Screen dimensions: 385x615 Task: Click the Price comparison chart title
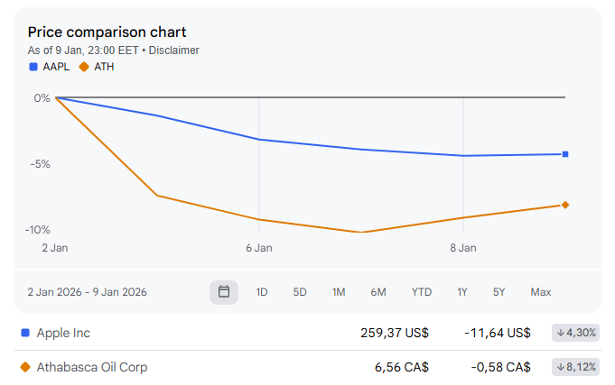(x=107, y=32)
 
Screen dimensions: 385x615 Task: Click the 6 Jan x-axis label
(x=259, y=247)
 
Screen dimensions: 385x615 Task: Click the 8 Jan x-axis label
(x=463, y=247)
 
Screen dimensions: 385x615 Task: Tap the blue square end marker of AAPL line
(x=565, y=154)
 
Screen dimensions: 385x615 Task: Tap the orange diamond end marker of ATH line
(x=565, y=205)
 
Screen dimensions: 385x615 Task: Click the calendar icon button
(x=224, y=292)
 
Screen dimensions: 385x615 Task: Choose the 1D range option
(x=262, y=292)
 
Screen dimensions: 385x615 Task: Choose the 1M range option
(x=339, y=292)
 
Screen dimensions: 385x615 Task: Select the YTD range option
(x=421, y=292)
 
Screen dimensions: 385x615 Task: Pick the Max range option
(x=541, y=292)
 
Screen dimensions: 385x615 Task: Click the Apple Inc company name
(x=63, y=333)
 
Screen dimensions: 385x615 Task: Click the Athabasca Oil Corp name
(x=91, y=367)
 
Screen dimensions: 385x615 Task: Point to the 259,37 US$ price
(x=395, y=333)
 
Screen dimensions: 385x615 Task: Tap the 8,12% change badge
(x=576, y=367)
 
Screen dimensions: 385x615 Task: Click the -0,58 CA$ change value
(x=498, y=367)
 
